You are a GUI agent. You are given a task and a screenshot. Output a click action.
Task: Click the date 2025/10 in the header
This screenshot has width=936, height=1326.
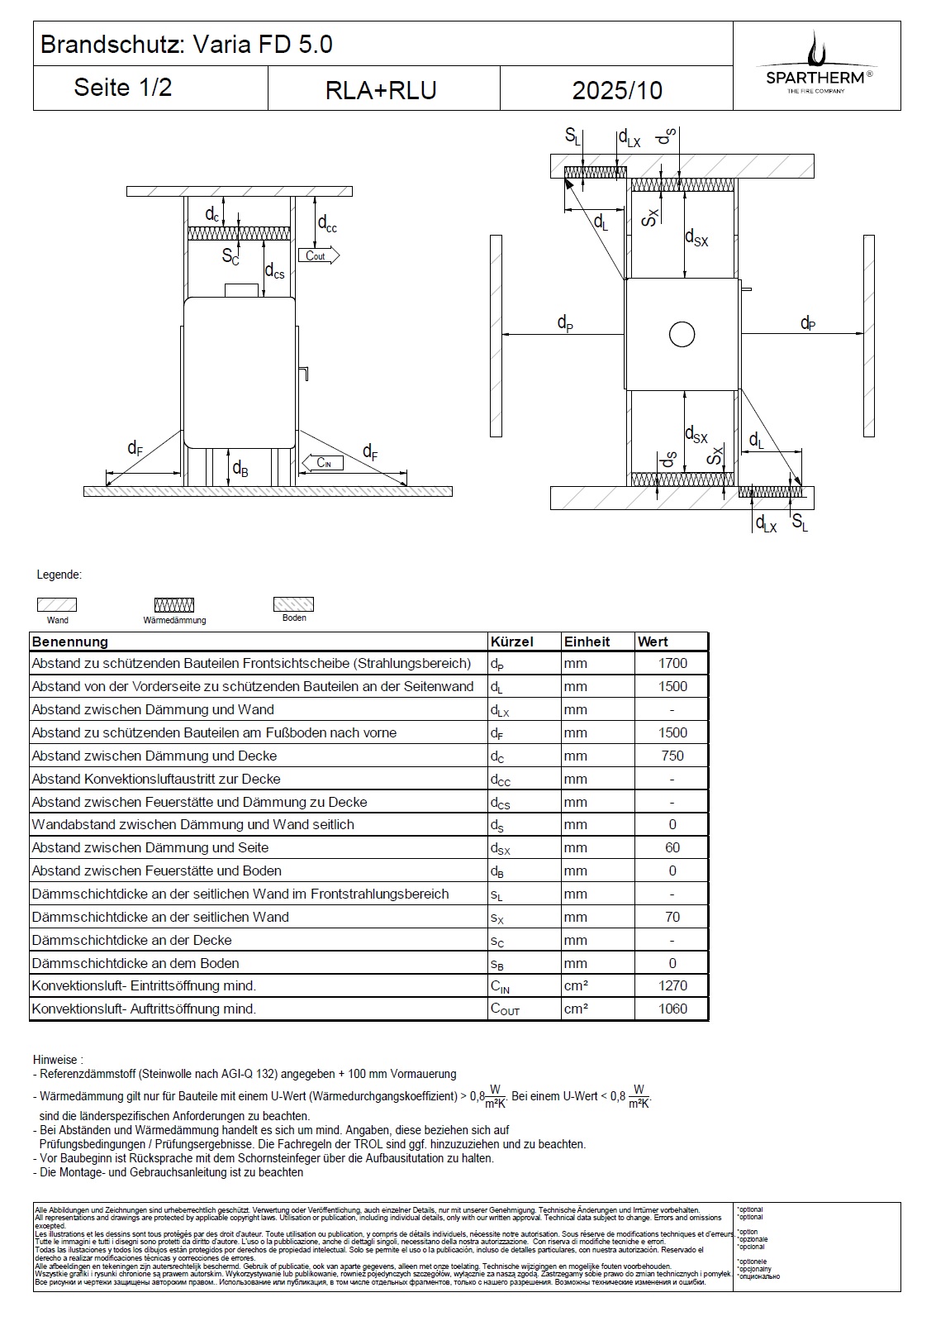(617, 90)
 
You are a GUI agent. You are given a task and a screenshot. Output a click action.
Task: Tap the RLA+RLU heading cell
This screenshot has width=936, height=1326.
(381, 90)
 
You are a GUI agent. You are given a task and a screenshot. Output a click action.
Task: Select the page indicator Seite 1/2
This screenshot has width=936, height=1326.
(123, 88)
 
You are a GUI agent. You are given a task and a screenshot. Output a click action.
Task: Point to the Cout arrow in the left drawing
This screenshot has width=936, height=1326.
(319, 255)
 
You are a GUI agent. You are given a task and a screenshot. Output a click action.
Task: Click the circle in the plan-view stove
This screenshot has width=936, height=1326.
(682, 335)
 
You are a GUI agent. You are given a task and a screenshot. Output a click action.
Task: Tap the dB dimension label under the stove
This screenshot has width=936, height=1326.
(240, 470)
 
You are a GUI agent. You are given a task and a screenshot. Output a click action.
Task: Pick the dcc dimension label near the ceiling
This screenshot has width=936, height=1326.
(327, 223)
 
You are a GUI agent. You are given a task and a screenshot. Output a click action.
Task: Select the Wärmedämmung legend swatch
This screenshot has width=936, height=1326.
(174, 605)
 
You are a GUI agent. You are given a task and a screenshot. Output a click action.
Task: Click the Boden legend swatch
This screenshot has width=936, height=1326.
(294, 603)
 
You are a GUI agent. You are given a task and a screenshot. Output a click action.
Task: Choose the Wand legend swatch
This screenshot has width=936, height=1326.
(57, 604)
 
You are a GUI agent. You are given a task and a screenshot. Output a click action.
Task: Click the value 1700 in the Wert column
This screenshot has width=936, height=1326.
(672, 663)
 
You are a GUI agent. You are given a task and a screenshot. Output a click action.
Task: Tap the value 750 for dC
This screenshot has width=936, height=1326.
(672, 756)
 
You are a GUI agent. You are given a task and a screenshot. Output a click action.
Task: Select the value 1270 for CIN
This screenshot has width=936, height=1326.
(672, 985)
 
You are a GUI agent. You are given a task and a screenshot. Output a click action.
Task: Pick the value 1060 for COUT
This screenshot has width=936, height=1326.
(672, 1009)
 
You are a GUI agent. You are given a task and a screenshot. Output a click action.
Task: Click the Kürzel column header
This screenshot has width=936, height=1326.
(512, 642)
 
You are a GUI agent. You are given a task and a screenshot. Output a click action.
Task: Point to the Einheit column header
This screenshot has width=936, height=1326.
(587, 642)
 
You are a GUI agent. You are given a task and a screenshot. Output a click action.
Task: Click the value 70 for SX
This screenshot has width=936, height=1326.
(672, 917)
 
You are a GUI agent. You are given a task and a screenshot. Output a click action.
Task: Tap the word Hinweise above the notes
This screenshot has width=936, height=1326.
(56, 1060)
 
